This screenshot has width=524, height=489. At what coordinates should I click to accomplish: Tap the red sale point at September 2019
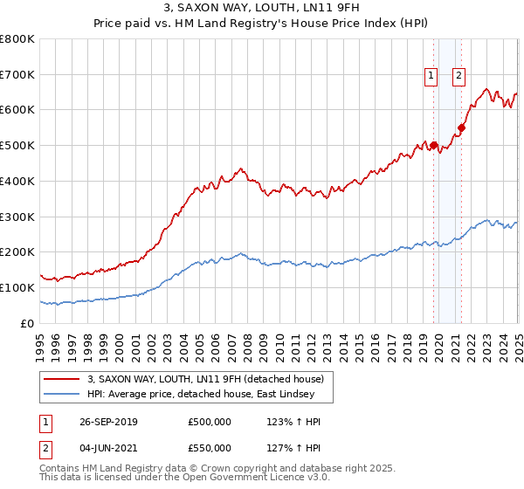[x=433, y=146]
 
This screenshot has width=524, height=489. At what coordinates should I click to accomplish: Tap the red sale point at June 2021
[x=461, y=128]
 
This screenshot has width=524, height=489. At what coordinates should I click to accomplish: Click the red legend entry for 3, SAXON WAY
[x=205, y=379]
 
